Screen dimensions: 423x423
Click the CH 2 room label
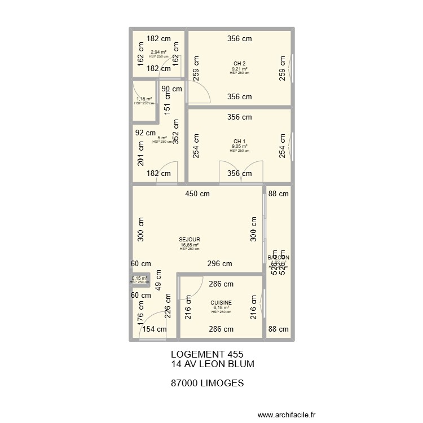(x=240, y=64)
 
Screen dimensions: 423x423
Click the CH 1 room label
(x=240, y=142)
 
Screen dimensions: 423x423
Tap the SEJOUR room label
(x=190, y=240)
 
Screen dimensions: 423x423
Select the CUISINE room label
(x=221, y=303)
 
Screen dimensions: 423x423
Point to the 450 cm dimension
(x=198, y=194)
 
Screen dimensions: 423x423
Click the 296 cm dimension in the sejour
(x=219, y=263)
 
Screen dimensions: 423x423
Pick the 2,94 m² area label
(x=158, y=52)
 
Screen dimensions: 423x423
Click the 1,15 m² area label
(x=144, y=99)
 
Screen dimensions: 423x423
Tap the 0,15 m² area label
(x=139, y=278)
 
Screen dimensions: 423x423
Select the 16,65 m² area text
(x=190, y=245)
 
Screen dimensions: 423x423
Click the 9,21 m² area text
(x=240, y=69)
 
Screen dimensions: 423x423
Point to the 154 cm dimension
(x=154, y=329)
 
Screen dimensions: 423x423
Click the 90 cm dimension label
(x=172, y=89)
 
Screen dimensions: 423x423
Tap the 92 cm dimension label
(x=145, y=133)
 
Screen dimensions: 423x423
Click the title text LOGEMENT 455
(x=206, y=354)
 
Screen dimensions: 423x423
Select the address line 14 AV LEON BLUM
(x=212, y=364)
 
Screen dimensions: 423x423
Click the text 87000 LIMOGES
(x=206, y=383)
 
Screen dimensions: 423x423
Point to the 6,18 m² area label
(x=221, y=308)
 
